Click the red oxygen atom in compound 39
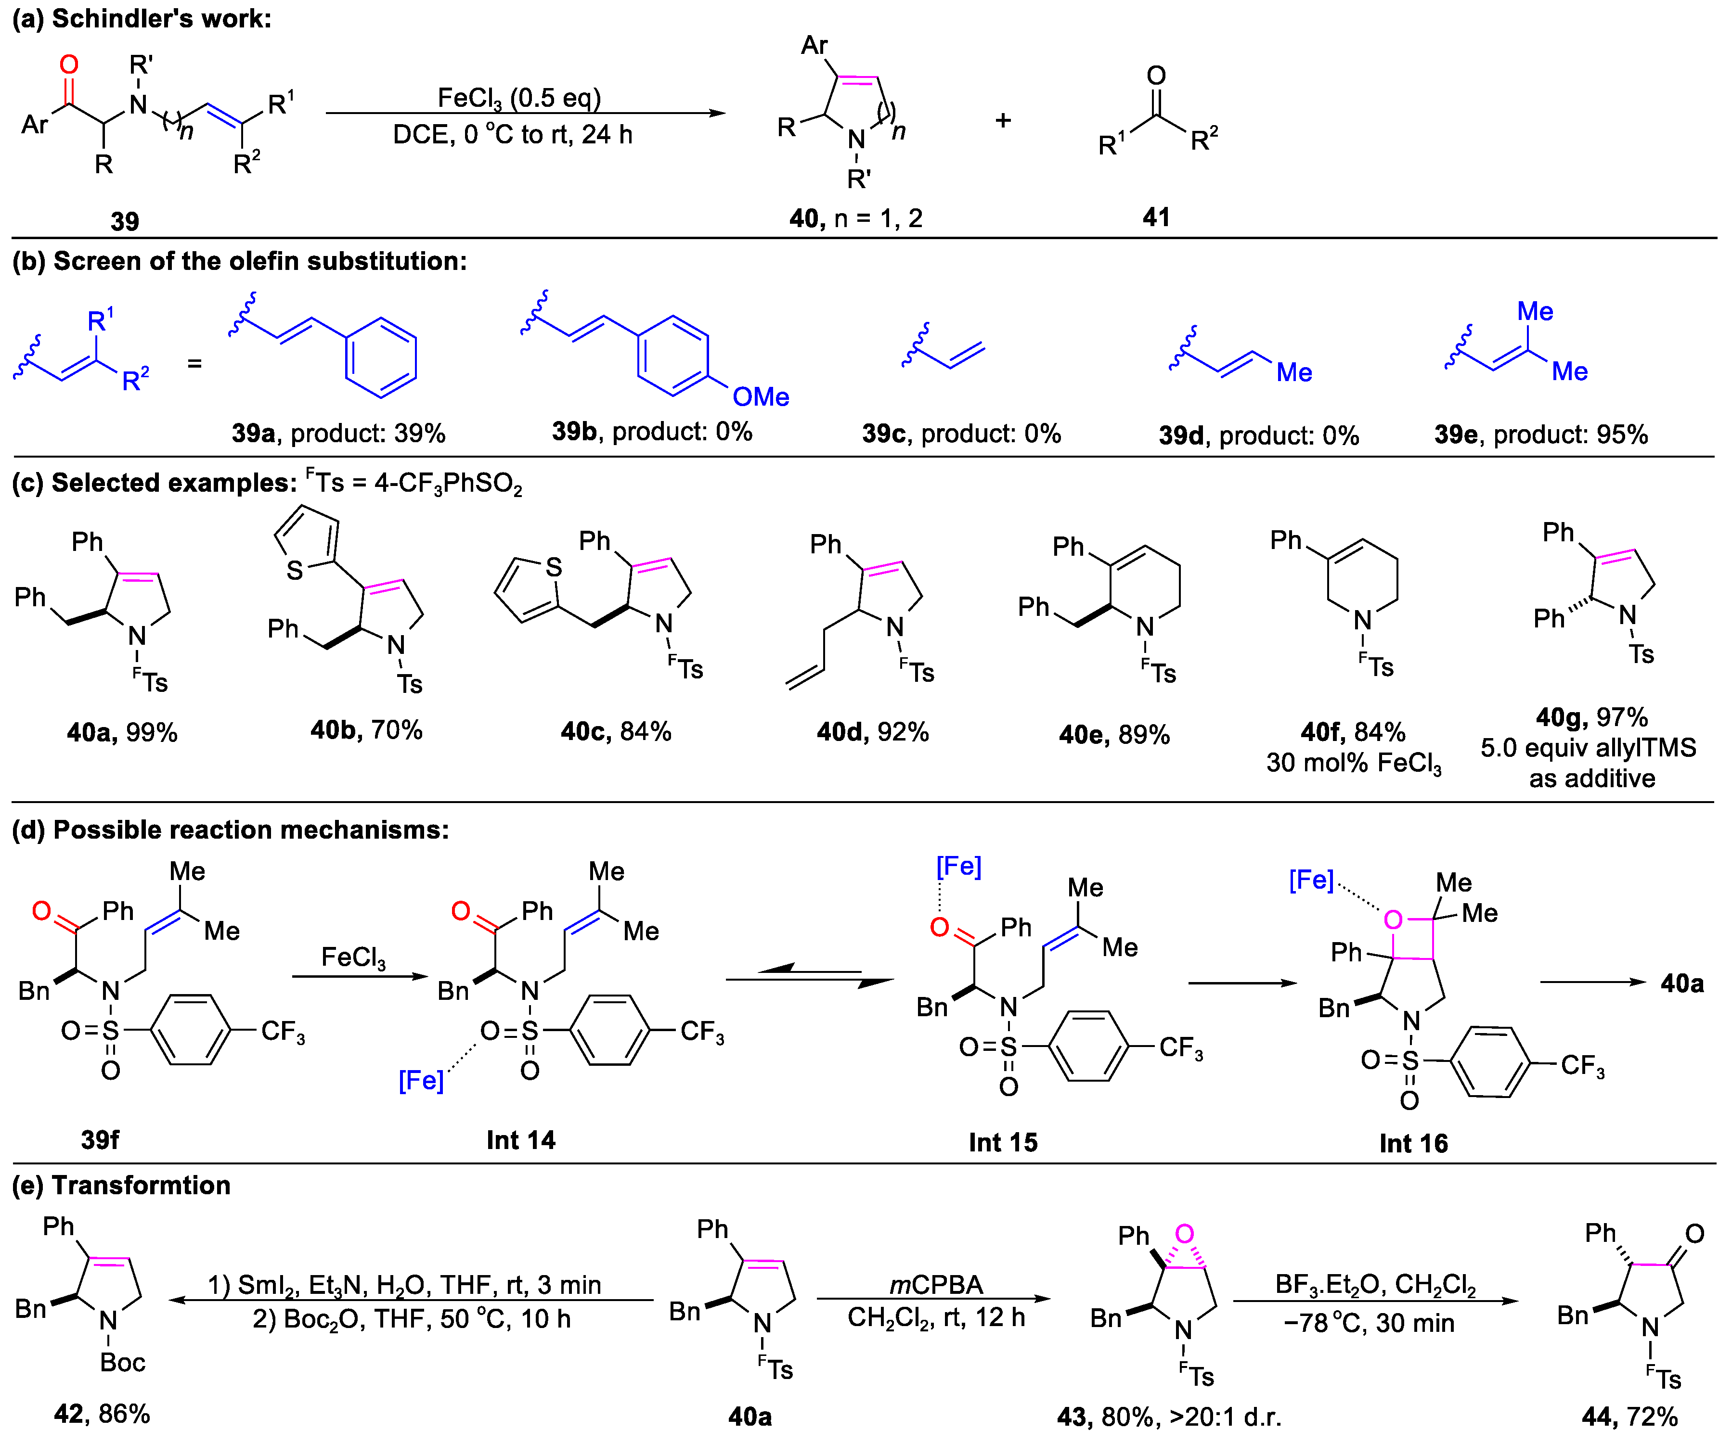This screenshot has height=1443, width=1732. coord(69,64)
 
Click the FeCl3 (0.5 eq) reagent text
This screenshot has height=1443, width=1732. coord(519,98)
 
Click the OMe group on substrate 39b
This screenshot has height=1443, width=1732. coord(761,396)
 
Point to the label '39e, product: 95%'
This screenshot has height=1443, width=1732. coord(1541,434)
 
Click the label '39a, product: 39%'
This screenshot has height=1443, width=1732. coord(338,433)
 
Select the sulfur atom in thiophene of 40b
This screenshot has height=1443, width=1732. coord(295,569)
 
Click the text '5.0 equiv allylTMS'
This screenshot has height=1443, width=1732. coord(1588,748)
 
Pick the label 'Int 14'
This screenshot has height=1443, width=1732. coord(520,1140)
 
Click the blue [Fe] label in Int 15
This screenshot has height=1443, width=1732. coord(958,867)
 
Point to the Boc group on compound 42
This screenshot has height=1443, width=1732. coord(122,1362)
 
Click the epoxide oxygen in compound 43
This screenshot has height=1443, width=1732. coord(1184,1234)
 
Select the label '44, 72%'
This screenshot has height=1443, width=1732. coord(1629,1417)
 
